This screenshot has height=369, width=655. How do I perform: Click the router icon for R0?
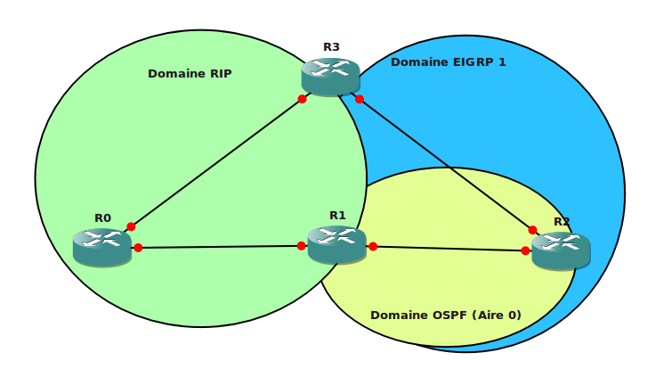click(102, 246)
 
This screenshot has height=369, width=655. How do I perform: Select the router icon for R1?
click(336, 243)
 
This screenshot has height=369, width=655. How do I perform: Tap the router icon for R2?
click(561, 250)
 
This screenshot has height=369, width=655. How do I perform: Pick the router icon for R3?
click(330, 76)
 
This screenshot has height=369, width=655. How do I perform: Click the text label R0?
click(102, 217)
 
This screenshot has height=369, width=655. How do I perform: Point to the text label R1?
click(337, 215)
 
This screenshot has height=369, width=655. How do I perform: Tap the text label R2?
click(562, 221)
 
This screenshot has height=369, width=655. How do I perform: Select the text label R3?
click(331, 47)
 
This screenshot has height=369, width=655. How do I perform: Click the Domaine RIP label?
click(190, 74)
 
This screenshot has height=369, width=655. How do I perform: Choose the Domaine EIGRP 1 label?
click(449, 62)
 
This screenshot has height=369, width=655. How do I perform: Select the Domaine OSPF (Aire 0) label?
click(446, 315)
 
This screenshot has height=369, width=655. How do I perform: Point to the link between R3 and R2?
click(445, 164)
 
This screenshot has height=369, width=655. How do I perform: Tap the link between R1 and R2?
click(449, 249)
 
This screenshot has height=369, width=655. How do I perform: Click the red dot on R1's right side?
click(373, 247)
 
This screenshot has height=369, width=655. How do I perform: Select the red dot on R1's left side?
click(302, 246)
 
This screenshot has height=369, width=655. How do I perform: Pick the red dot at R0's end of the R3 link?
click(131, 226)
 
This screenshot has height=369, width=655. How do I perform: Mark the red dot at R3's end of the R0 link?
click(303, 99)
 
